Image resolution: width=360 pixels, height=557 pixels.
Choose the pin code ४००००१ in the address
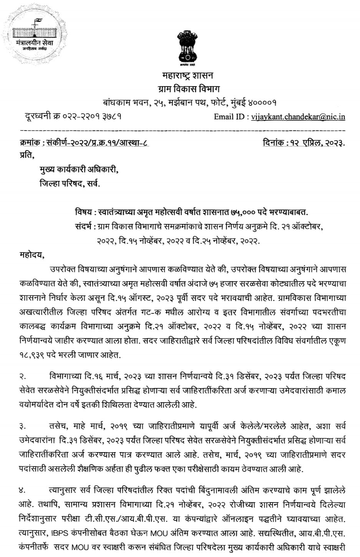pos(261,103)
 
